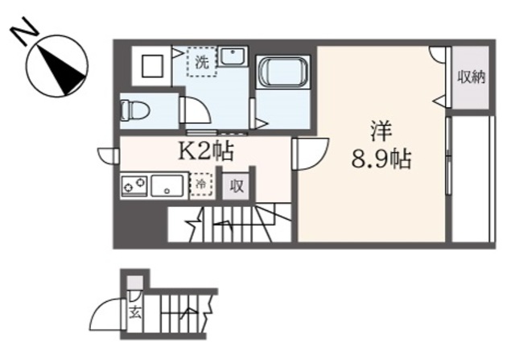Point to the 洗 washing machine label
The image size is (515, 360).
tap(203, 61)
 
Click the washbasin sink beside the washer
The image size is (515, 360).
tap(233, 57)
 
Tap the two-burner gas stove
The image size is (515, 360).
tap(134, 187)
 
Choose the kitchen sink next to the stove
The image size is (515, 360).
tap(167, 186)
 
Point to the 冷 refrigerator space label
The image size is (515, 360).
tap(201, 185)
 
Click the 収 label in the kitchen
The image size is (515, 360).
tap(237, 186)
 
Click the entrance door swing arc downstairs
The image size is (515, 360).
tap(106, 315)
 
